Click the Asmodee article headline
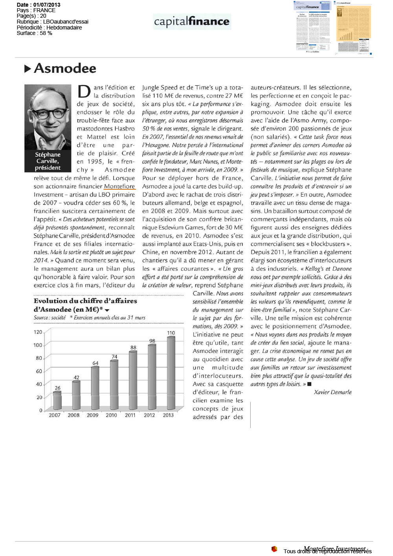coord(65,68)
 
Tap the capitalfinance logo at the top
coord(192,21)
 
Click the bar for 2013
coord(171,373)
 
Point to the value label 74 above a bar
coord(114,357)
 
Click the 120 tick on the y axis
coord(38,332)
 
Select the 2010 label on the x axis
coord(111,415)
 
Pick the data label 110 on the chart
coord(171,333)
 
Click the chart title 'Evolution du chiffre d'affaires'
coord(85,301)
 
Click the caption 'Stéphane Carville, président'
coord(48,161)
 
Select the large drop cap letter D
coord(84,92)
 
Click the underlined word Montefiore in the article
coord(119,187)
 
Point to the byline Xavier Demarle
coord(332,392)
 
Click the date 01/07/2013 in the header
coord(47,5)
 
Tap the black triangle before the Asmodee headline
coord(28,69)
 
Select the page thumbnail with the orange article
coord(353,27)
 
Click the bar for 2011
coord(133,380)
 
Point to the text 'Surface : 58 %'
coord(34,33)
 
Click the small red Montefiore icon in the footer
coord(274,549)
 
